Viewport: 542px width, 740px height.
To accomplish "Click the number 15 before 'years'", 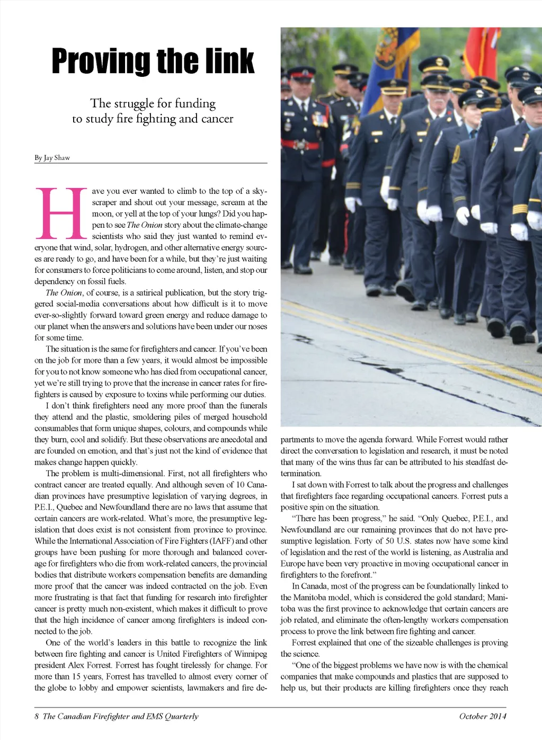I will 77,676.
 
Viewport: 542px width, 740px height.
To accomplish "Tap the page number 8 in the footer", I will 37,717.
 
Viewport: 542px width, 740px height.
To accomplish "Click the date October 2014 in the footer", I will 482,717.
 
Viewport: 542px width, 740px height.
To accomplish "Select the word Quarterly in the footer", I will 181,717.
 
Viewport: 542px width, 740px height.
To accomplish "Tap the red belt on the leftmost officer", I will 300,144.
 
